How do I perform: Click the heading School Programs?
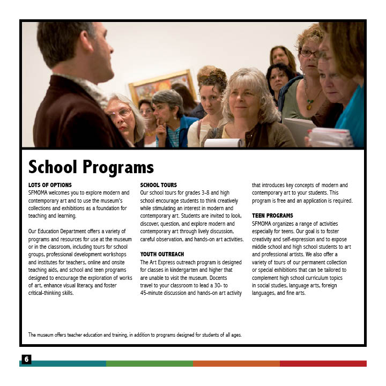(91, 167)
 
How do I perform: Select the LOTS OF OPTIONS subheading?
(49, 185)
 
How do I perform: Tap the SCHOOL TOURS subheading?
(158, 185)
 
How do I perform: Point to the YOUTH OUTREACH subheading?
(162, 254)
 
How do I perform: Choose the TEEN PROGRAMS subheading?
(272, 216)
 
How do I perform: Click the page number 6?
(26, 359)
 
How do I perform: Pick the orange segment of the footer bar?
(236, 363)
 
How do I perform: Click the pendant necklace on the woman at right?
(309, 105)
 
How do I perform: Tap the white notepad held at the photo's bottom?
(222, 143)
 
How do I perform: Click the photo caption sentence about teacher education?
(135, 335)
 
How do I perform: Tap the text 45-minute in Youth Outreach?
(154, 293)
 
